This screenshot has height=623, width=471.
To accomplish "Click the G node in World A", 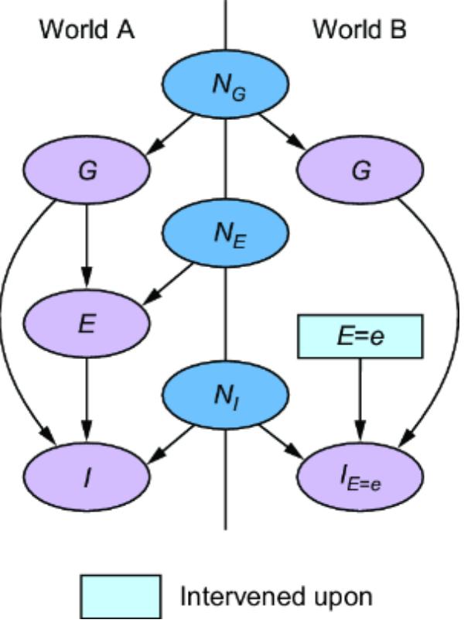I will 87,171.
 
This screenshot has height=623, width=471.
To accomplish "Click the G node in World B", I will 360,171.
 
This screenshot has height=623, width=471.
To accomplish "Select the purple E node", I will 87,323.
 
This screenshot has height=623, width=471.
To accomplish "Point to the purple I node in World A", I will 87,478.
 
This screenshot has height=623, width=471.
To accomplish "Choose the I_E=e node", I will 360,478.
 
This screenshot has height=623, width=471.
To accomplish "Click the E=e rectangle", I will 360,337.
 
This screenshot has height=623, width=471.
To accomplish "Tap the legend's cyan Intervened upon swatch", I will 121,596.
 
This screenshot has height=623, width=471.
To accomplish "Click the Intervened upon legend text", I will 276,597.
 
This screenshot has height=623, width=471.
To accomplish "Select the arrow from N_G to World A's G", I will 175,131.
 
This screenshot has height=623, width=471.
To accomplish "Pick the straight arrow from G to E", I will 87,248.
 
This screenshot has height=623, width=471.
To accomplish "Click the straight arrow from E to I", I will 87,399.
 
